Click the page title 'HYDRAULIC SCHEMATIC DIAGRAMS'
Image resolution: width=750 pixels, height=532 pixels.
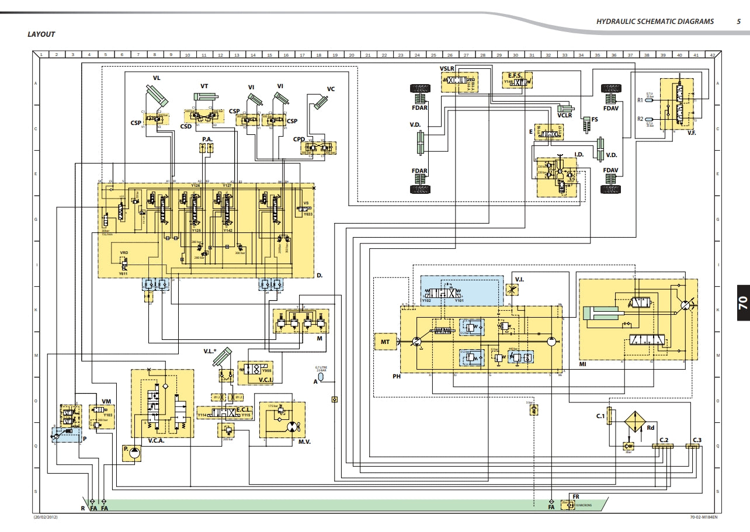point(655,22)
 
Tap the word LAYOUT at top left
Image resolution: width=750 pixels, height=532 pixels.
point(41,34)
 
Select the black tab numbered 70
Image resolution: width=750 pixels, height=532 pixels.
point(742,302)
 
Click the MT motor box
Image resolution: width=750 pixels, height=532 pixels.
point(385,341)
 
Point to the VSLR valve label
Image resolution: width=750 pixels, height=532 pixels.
point(447,69)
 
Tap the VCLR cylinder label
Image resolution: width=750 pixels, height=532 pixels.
point(564,116)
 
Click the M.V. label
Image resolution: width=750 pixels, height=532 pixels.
point(304,441)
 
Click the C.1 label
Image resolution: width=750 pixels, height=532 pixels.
point(600,416)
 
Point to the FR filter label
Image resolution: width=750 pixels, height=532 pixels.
point(576,496)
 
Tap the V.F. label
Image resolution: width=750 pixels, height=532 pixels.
point(691,133)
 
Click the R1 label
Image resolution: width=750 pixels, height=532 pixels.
point(640,100)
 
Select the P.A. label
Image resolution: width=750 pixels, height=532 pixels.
point(207,140)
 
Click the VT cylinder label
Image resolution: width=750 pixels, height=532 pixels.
point(204,86)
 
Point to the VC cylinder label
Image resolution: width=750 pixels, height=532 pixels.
point(331,89)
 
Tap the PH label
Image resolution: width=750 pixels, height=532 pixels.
point(396,377)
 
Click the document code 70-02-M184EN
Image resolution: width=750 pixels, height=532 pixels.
point(702,517)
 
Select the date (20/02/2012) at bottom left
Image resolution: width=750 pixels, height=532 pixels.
point(45,517)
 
